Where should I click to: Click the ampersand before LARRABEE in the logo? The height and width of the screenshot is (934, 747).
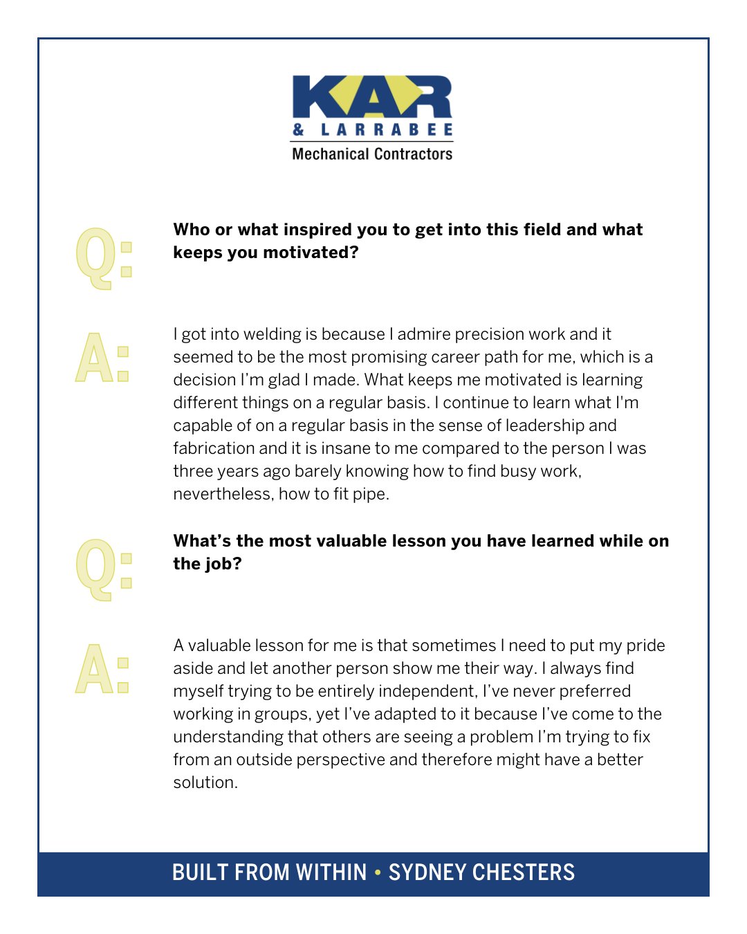point(299,129)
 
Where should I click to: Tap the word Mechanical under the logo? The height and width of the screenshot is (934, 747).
point(329,154)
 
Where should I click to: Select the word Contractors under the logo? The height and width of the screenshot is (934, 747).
point(412,154)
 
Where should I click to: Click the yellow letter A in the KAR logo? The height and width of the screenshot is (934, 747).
point(373,97)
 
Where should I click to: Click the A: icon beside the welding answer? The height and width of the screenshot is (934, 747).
point(102,358)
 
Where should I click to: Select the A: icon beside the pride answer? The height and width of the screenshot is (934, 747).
point(102,669)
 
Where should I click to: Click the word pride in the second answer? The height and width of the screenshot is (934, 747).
point(645,645)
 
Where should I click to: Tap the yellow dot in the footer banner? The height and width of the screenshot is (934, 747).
point(378,872)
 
